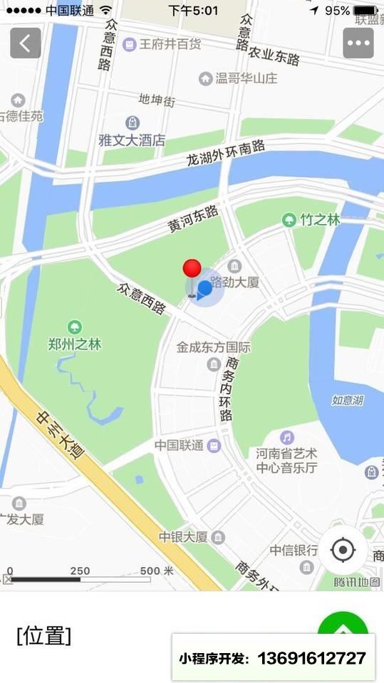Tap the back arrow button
(x=25, y=43)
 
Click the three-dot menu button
(x=358, y=43)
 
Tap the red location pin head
(x=192, y=268)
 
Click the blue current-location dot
(x=205, y=287)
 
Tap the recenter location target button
(x=343, y=549)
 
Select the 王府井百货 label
(x=170, y=44)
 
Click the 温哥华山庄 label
(x=247, y=78)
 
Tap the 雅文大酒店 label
(x=132, y=140)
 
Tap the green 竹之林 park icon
(x=289, y=220)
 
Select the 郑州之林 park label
(x=74, y=344)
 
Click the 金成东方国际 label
(x=214, y=348)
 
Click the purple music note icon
(x=286, y=437)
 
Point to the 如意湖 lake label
(x=348, y=400)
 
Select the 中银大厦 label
(x=183, y=536)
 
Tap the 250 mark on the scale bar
(x=80, y=571)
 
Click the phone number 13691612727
(x=311, y=658)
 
